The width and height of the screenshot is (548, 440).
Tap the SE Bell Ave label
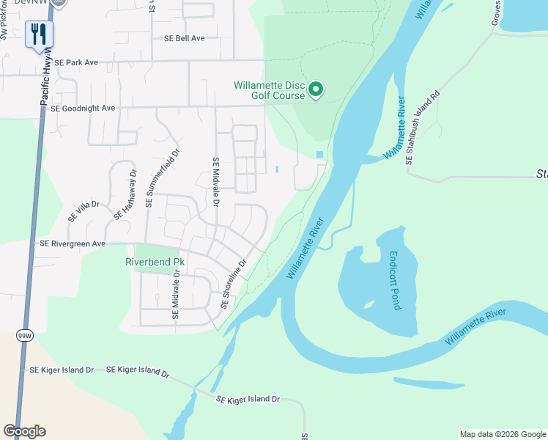tap(179, 38)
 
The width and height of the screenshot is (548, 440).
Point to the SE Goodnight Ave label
tap(83, 108)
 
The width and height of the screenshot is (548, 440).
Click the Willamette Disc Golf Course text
tap(269, 90)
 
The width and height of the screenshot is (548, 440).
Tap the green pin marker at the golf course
tap(316, 89)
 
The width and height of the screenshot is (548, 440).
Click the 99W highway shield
tap(24, 335)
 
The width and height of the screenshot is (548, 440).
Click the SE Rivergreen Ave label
tap(73, 243)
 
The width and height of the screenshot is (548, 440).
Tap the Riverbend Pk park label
tap(154, 262)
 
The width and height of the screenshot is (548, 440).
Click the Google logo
tap(25, 430)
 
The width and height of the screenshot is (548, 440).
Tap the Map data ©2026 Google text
tap(502, 434)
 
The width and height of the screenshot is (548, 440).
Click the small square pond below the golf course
tap(319, 154)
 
